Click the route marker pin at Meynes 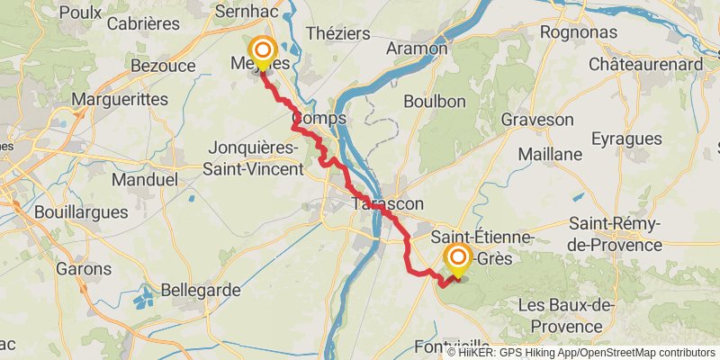[x=263, y=53]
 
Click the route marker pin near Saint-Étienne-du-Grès [x=458, y=260]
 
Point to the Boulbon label [x=436, y=102]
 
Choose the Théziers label [x=337, y=32]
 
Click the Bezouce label [x=157, y=66]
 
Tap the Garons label [x=83, y=268]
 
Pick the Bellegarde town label [x=188, y=290]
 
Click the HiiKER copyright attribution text [x=581, y=352]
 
